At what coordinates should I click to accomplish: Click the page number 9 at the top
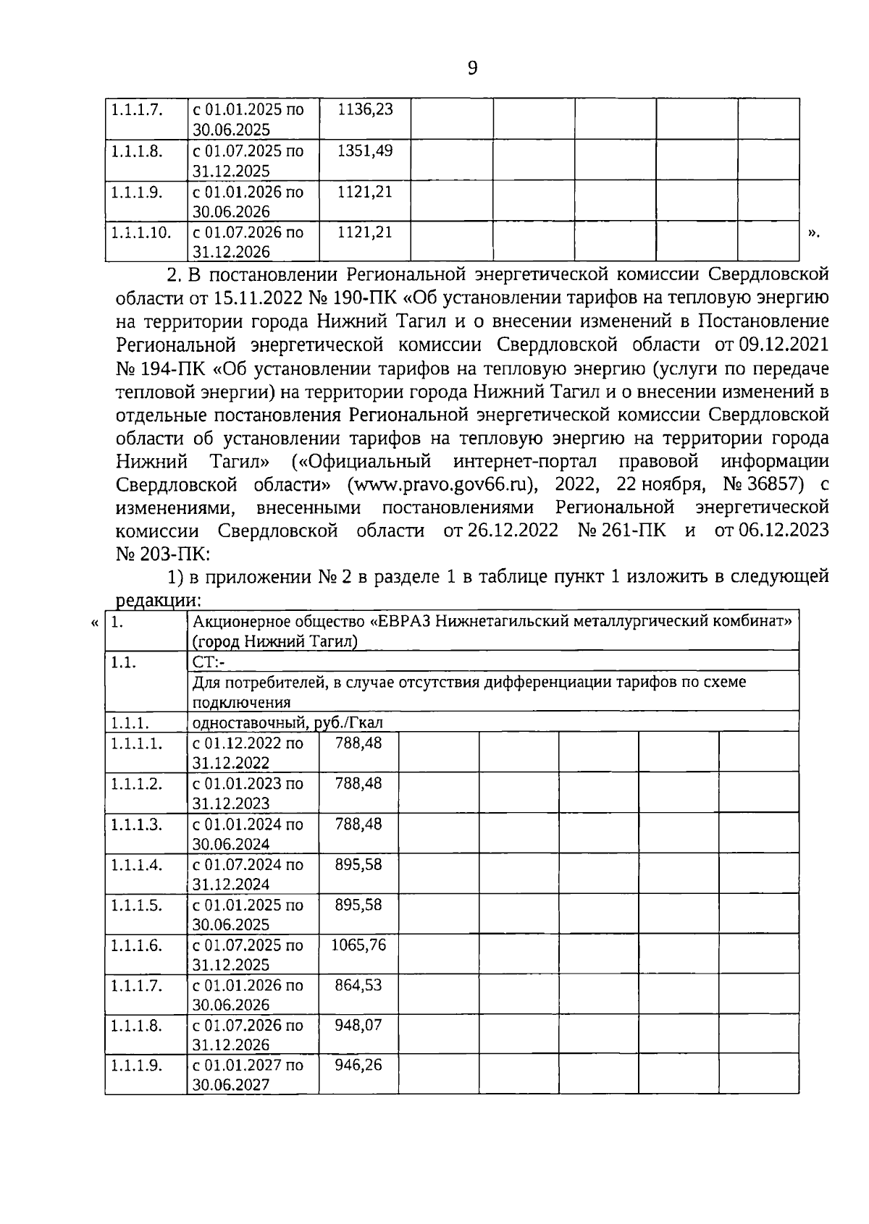pyautogui.click(x=472, y=68)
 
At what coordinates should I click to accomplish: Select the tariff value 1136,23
pyautogui.click(x=365, y=109)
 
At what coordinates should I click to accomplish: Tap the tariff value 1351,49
pyautogui.click(x=365, y=151)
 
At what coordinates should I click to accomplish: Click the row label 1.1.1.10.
pyautogui.click(x=141, y=232)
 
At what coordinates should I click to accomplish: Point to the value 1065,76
pyautogui.click(x=358, y=945)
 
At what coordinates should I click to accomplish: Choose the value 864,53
pyautogui.click(x=358, y=984)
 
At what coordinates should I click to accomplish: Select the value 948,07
pyautogui.click(x=358, y=1025)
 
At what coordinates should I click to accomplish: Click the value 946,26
pyautogui.click(x=358, y=1065)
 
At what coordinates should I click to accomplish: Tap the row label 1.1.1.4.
pyautogui.click(x=136, y=864)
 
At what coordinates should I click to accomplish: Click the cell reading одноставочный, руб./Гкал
pyautogui.click(x=287, y=722)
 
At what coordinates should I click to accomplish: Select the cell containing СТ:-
pyautogui.click(x=209, y=662)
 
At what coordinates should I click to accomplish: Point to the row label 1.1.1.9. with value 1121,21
pyautogui.click(x=136, y=192)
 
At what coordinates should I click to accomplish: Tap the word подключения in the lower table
pyautogui.click(x=241, y=702)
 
